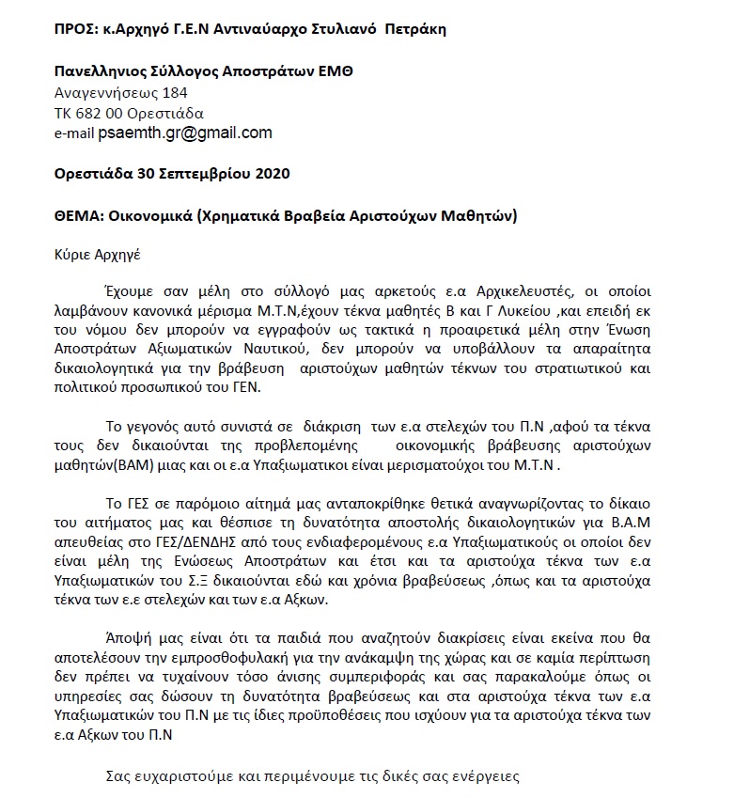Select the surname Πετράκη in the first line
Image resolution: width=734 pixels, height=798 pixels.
pos(414,28)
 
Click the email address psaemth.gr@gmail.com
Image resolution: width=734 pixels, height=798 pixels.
pos(185,133)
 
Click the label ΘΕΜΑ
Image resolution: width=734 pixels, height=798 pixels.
pos(77,215)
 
